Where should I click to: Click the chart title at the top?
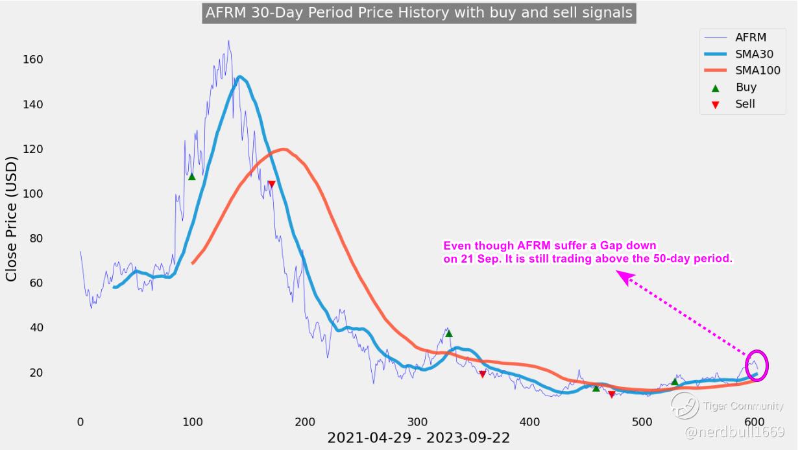[x=418, y=13]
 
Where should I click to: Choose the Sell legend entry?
[x=745, y=104]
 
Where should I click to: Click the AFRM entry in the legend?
[x=751, y=38]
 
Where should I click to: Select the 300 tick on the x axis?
[x=417, y=422]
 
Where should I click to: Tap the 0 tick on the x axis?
[x=80, y=422]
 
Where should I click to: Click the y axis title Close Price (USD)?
[x=12, y=219]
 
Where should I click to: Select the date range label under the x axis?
[x=418, y=438]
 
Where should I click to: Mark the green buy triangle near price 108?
[x=191, y=176]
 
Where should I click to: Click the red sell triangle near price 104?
[x=271, y=185]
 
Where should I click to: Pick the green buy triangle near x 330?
[x=448, y=334]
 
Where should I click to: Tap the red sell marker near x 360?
[x=482, y=374]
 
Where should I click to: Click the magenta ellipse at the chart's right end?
[x=757, y=365]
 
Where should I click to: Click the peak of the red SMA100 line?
[x=283, y=150]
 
